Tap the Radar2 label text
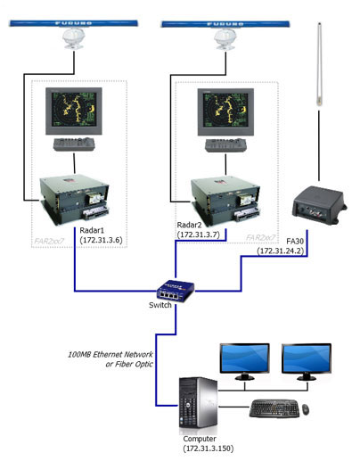[193, 223]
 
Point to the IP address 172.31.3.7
[200, 233]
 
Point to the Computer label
[199, 437]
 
